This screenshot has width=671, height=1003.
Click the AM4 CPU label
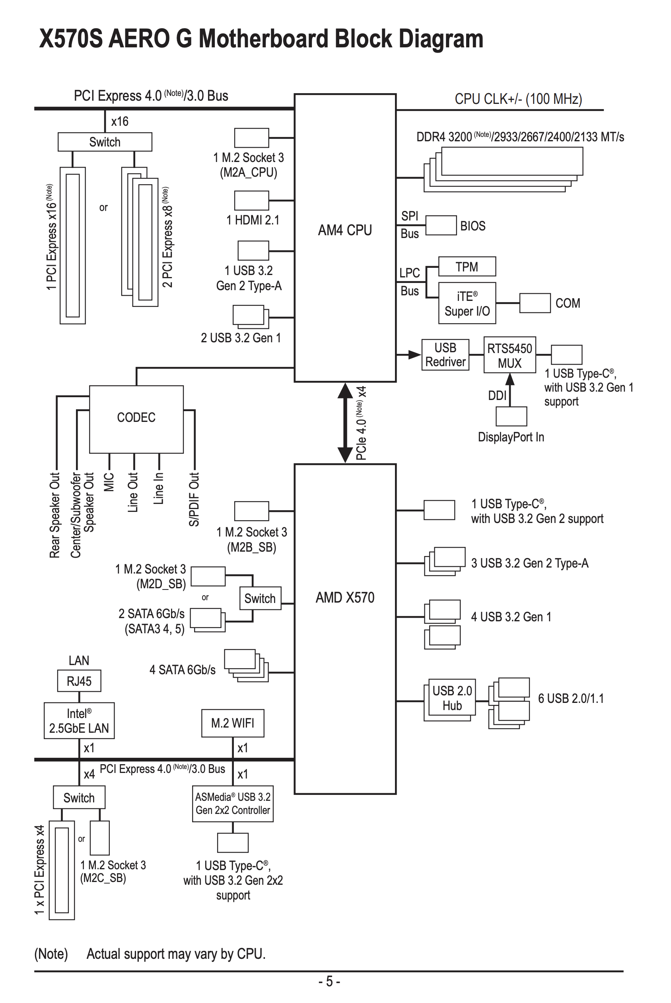pos(344,230)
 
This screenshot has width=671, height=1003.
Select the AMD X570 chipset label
pos(344,597)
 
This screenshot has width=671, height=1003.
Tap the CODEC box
pos(136,418)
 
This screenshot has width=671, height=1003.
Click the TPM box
pos(467,267)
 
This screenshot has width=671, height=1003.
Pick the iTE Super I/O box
pos(467,303)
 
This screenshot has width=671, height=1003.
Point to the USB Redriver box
pos(445,355)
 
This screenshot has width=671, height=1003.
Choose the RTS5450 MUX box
pos(509,355)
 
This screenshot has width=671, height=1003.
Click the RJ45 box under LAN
pos(79,681)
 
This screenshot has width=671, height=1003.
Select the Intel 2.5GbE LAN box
pos(79,721)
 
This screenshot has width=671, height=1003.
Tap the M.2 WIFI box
pos(232,723)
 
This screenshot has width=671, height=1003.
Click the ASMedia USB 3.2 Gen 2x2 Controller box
pos(232,804)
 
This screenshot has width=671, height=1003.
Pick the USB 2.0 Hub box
pos(452,698)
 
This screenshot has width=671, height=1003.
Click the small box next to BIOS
pos(441,225)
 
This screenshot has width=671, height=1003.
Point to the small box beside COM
pos(535,303)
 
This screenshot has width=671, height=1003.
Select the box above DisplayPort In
pos(511,416)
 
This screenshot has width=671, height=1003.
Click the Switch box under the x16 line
pos(105,142)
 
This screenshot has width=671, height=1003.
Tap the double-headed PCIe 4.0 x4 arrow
pos(345,423)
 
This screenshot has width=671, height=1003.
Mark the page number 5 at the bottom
pos(329,981)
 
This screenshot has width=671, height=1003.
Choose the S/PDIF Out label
pos(194,499)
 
